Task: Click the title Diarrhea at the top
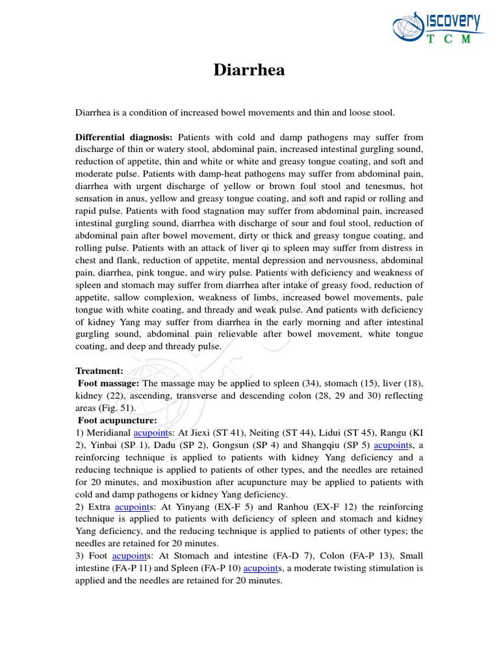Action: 249,70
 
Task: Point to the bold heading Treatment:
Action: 99,371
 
